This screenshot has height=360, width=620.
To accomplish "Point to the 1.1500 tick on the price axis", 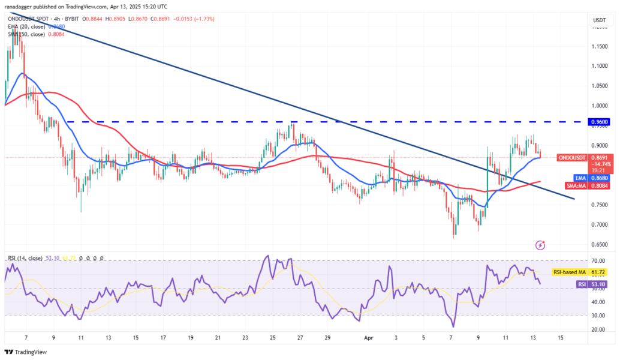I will tap(598, 46).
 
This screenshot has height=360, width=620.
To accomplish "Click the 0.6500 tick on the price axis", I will tap(598, 244).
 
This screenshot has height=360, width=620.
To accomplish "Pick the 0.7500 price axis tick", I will tap(598, 205).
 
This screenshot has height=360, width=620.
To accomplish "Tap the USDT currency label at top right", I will tap(599, 20).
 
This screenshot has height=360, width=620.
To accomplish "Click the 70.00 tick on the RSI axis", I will tap(598, 262).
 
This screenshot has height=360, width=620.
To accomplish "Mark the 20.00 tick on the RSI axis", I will tap(598, 329).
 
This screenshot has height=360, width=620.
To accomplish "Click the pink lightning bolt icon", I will tap(541, 245).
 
